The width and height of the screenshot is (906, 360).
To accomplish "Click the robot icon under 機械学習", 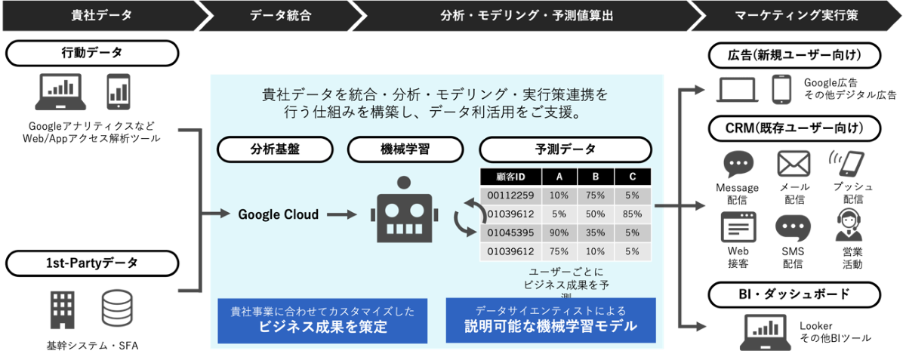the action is (404, 210).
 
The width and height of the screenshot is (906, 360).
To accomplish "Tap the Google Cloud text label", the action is (279, 214).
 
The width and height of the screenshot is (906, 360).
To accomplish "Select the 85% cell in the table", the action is (632, 214).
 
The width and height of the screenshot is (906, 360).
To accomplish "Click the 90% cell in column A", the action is (559, 232).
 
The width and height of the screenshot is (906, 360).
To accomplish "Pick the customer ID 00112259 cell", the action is (510, 195).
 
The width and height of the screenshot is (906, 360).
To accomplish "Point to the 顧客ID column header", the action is (510, 177).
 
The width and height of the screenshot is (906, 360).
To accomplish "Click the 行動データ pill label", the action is (92, 53).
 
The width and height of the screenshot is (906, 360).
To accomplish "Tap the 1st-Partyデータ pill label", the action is (92, 263).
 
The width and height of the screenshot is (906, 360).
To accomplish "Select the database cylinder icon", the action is (117, 308).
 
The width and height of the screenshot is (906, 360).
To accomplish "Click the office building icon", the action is (62, 310).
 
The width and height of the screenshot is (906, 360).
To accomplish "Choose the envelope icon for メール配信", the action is (794, 164).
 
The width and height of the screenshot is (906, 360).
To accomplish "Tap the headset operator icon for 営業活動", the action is (849, 226).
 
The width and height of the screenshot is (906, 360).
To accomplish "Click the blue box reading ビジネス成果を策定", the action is (322, 321).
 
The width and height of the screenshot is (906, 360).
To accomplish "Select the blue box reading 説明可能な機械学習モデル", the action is (551, 320).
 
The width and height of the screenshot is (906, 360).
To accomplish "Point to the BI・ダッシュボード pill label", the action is (794, 294).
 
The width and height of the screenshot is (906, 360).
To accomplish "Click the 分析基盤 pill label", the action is (275, 149).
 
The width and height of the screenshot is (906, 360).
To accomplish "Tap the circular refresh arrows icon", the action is (470, 217).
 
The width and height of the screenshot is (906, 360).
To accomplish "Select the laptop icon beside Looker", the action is (766, 333).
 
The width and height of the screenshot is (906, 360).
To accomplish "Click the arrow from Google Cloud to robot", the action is (342, 214).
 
